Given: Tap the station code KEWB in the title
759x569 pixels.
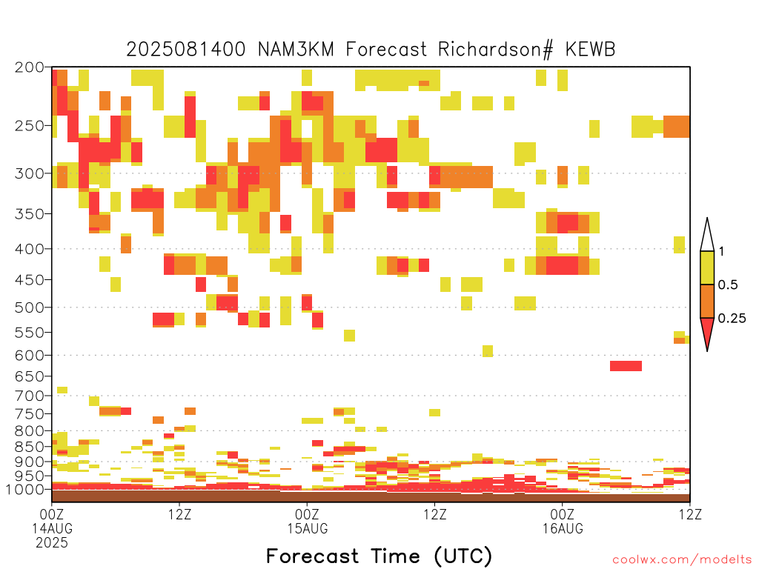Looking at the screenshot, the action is pos(590,50).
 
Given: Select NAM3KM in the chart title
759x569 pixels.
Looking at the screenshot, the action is pos(296,50).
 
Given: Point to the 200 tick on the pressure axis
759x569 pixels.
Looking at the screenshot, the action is pos(30,67).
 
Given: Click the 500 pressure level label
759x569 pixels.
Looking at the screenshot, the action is pos(30,307).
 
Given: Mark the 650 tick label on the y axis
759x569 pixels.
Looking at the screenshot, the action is pos(30,376).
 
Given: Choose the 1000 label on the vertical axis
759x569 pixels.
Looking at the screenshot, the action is pos(26,489).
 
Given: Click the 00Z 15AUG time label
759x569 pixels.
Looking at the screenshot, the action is pos(308,521).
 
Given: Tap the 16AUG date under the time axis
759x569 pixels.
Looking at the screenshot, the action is pos(563,528).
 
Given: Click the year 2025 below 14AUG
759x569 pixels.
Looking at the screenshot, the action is pos(52,542).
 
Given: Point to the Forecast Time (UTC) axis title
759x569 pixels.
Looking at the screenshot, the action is pos(379,556).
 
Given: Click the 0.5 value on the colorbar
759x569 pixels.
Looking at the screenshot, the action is pos(728,284).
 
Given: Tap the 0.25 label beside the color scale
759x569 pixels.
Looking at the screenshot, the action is pos(732,318).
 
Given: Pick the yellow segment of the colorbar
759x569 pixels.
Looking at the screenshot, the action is pos(707,267).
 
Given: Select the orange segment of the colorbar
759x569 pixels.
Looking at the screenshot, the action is pos(707,301).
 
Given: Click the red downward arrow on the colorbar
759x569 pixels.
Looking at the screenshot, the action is pos(707,333).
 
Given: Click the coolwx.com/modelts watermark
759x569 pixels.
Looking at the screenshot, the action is pos(682,560).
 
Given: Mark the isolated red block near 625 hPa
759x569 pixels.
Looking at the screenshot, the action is pos(626,366).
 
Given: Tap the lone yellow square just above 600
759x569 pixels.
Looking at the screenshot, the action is pos(488,350).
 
